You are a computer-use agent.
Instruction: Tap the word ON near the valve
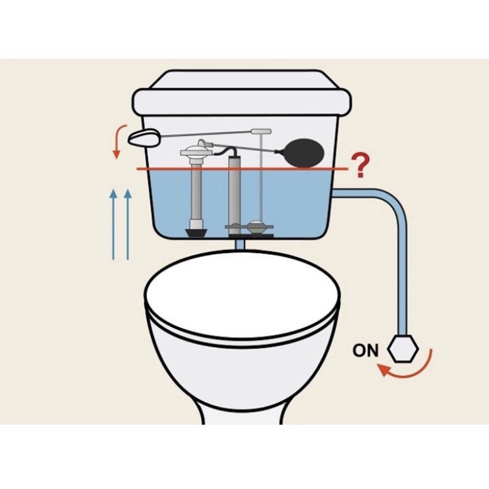coord(366,350)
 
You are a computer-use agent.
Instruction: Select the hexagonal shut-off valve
coord(403,348)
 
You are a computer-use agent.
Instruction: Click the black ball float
coord(304,155)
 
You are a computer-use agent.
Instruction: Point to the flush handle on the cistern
coord(144,138)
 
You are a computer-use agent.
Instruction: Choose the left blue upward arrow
coord(114,224)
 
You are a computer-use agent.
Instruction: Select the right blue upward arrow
coord(128,224)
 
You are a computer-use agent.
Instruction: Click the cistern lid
coord(241,93)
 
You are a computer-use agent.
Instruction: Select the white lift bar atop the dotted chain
coord(262,131)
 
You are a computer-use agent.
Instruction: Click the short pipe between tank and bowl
coord(240,243)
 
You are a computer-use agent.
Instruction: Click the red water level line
coord(242,169)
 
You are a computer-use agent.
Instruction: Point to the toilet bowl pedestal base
coord(242,408)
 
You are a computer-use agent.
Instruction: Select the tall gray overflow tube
coord(235,195)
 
